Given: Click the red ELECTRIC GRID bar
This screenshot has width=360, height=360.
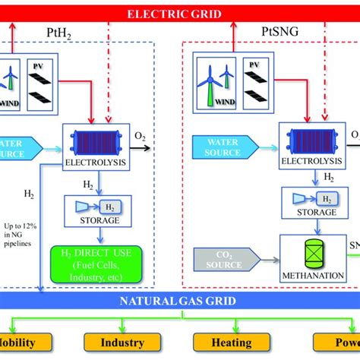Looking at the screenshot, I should tap(180, 14).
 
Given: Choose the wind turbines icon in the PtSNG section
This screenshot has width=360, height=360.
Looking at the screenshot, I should tap(216, 81).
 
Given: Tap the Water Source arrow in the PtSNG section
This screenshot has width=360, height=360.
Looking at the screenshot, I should tap(222, 147).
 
